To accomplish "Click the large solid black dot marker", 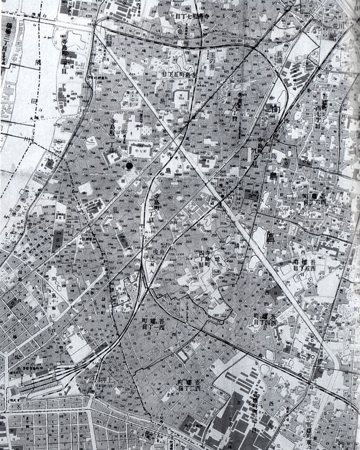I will point(130,165).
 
